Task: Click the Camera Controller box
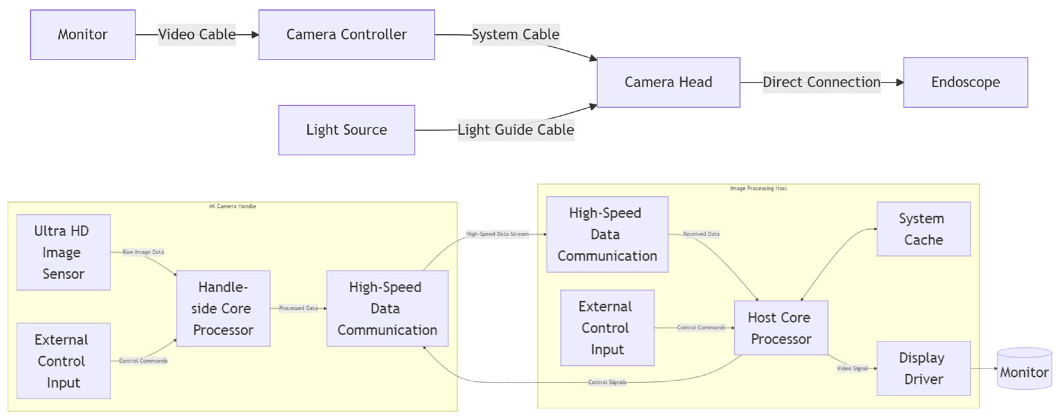pos(346,35)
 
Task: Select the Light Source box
pos(346,130)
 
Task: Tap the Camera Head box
pos(669,82)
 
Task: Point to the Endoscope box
pos(966,82)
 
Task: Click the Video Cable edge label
pos(197,35)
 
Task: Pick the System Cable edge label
pos(516,35)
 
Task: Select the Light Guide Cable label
pos(516,130)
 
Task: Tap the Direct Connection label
pos(822,82)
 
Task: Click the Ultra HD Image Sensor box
pos(63,252)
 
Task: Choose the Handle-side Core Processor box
pos(223,309)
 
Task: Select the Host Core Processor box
pos(781,328)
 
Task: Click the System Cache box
pos(924,229)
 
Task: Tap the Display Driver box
pos(924,369)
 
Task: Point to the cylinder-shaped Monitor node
pos(1024,369)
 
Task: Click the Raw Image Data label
pos(143,252)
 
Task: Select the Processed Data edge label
pos(298,308)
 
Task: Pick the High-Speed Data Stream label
pos(497,234)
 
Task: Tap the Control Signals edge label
pos(607,382)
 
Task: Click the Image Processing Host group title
pos(758,188)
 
